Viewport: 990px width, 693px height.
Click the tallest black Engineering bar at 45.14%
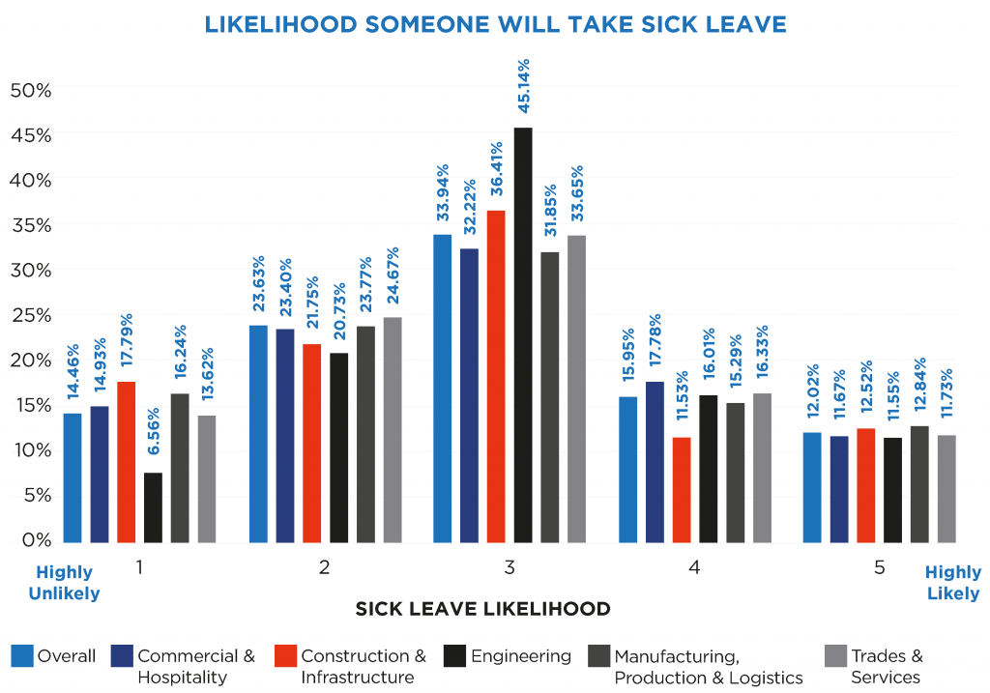click(523, 334)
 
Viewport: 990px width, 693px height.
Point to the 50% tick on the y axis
click(30, 90)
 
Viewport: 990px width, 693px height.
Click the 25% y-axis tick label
click(30, 315)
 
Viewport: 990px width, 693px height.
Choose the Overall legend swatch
click(21, 657)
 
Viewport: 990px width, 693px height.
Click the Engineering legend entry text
click(520, 656)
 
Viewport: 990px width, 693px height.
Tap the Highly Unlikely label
click(64, 583)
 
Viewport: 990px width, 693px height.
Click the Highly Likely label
click(953, 583)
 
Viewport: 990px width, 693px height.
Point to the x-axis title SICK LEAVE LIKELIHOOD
click(482, 609)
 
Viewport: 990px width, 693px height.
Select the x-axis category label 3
click(509, 568)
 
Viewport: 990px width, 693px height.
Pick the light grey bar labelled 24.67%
click(393, 429)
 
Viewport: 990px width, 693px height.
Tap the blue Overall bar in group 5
click(812, 487)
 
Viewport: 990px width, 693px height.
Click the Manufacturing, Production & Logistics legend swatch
click(597, 657)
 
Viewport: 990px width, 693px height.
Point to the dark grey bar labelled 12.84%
click(919, 484)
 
